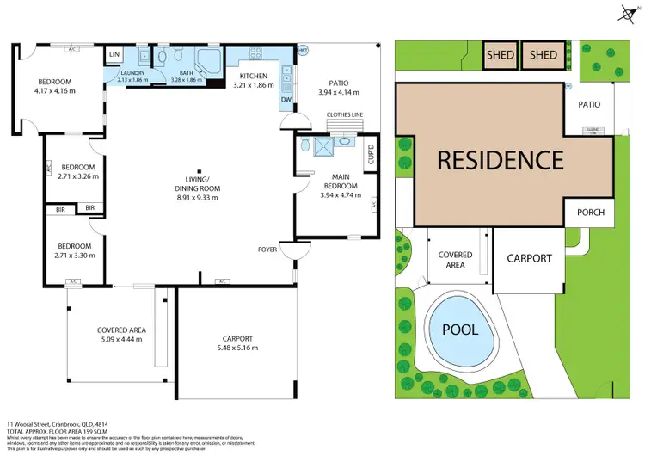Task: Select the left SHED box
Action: pos(501,56)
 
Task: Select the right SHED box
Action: pos(544,56)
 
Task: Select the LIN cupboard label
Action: pos(114,55)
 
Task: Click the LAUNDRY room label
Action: pos(132,72)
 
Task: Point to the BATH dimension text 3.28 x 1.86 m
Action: pos(187,80)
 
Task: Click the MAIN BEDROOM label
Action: pos(335,181)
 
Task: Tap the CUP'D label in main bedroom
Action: pos(372,156)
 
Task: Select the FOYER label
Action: pos(268,250)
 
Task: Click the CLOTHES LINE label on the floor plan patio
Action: pos(346,113)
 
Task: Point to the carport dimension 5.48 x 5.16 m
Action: pos(236,348)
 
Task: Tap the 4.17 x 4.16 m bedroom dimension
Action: pos(54,90)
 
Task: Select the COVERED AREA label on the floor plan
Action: pos(121,330)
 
